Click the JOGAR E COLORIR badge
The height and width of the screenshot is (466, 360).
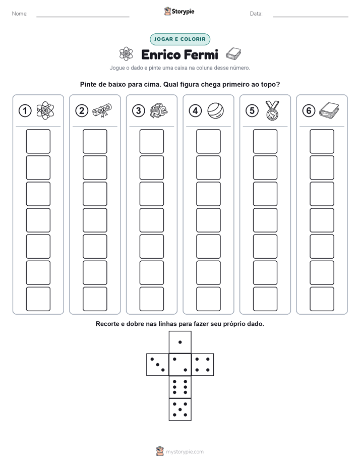pos(179,39)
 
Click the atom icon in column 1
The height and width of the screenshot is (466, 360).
pos(45,110)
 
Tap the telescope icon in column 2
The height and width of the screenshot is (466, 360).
pos(102,110)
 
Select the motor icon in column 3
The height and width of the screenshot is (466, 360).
pos(159,111)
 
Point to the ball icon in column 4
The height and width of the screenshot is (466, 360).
pos(215,110)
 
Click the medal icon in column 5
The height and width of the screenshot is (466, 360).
pos(272,110)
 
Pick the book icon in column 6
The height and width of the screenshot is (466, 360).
pos(329,110)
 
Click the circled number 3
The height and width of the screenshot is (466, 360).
pos(139,111)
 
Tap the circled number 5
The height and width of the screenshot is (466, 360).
pos(252,111)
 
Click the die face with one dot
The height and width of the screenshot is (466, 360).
pos(180,342)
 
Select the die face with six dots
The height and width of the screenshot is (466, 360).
pos(180,387)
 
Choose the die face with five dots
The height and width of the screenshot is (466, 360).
pos(180,410)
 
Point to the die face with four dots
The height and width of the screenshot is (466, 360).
pos(203,365)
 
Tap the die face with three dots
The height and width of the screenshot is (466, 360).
pos(158,365)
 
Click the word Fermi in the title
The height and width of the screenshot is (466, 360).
pos(201,54)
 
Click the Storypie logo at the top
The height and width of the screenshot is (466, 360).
pos(179,11)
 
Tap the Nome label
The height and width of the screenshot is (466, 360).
pos(20,14)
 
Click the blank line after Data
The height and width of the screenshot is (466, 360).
pos(311,17)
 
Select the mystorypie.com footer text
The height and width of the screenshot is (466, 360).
pos(185,452)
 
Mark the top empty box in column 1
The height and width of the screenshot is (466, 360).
pos(38,141)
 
